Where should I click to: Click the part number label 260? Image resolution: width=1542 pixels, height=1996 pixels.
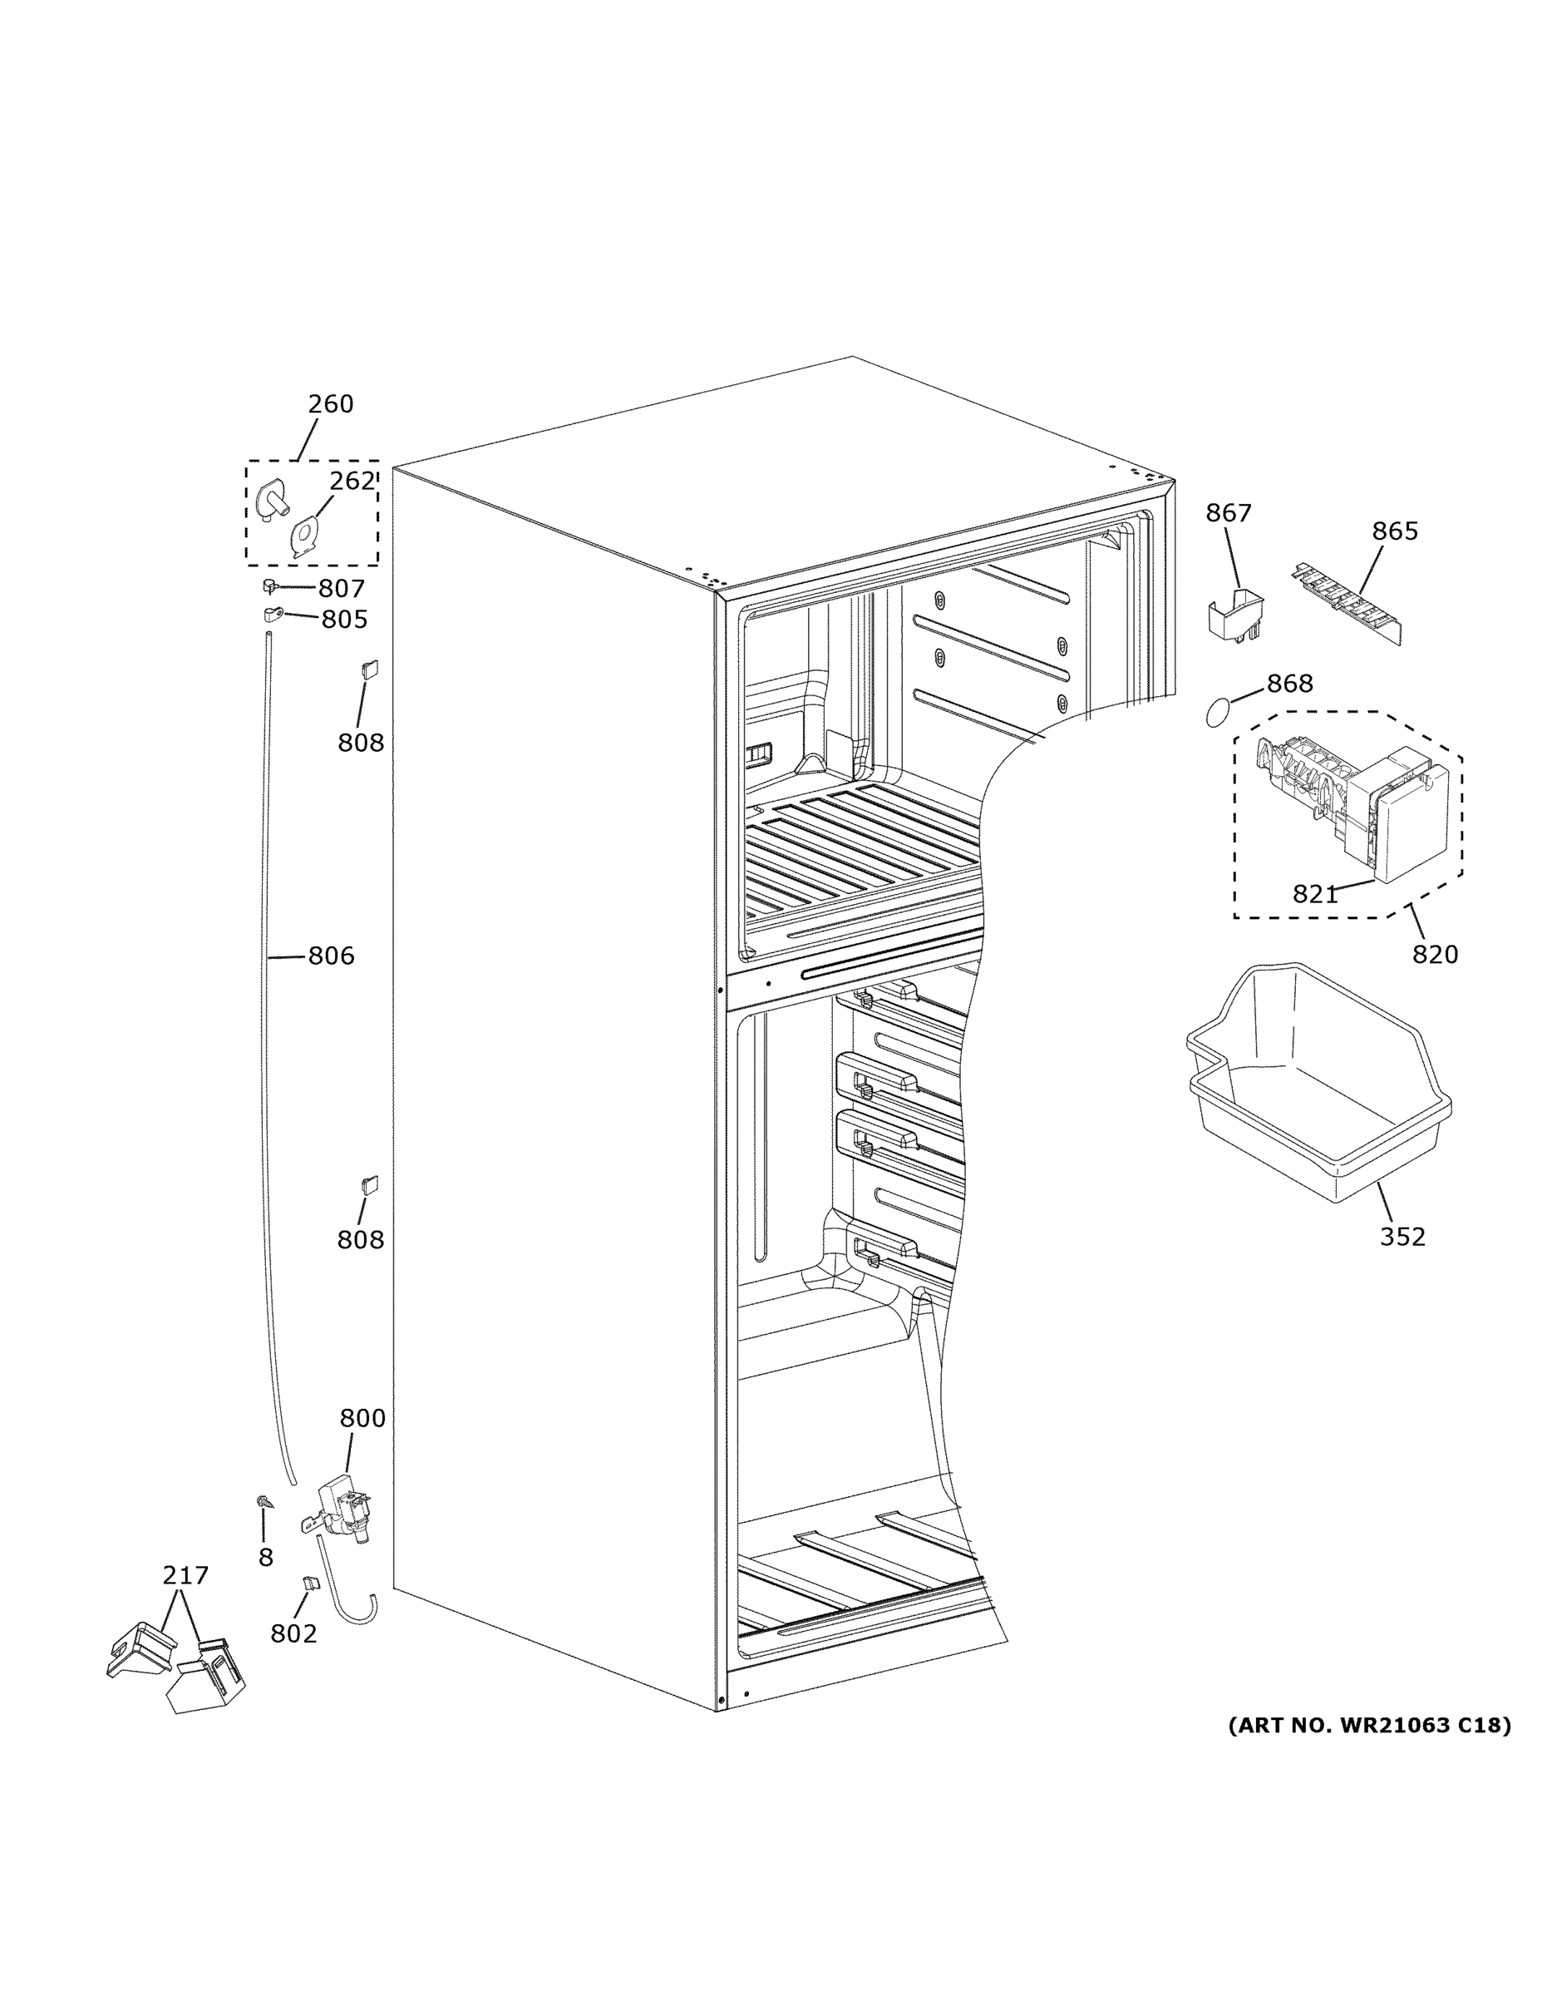pyautogui.click(x=330, y=403)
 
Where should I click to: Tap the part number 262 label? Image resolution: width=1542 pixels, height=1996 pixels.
pyautogui.click(x=352, y=481)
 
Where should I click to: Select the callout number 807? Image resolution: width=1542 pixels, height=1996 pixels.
pyautogui.click(x=341, y=589)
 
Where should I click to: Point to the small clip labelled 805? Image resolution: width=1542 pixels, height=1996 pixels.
pyautogui.click(x=272, y=613)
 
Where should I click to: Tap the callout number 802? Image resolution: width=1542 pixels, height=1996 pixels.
pyautogui.click(x=293, y=1633)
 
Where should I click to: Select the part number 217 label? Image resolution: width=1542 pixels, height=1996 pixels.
pyautogui.click(x=185, y=1576)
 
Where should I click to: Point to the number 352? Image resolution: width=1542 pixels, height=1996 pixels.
pyautogui.click(x=1402, y=1238)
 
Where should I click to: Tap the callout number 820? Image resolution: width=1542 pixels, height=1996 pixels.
pyautogui.click(x=1434, y=955)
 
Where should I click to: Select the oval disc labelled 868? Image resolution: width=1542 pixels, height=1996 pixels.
pyautogui.click(x=1219, y=713)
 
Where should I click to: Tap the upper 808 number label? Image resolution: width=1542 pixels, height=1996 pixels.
pyautogui.click(x=360, y=743)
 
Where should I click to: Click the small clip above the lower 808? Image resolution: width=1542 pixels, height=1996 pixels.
pyautogui.click(x=370, y=1184)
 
